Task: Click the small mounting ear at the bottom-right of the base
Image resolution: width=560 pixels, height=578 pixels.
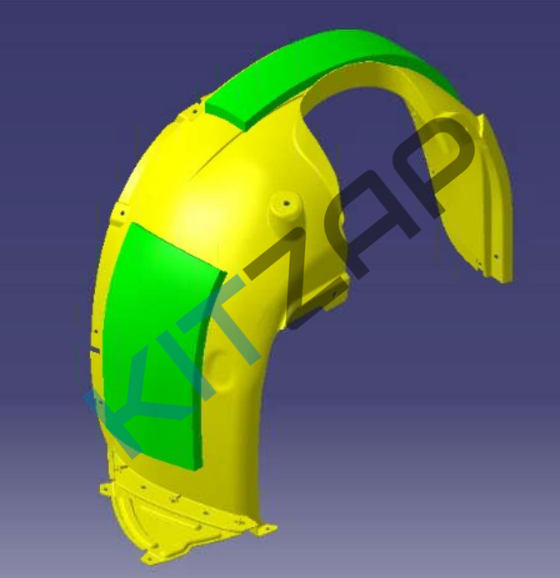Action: pos(264,530)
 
